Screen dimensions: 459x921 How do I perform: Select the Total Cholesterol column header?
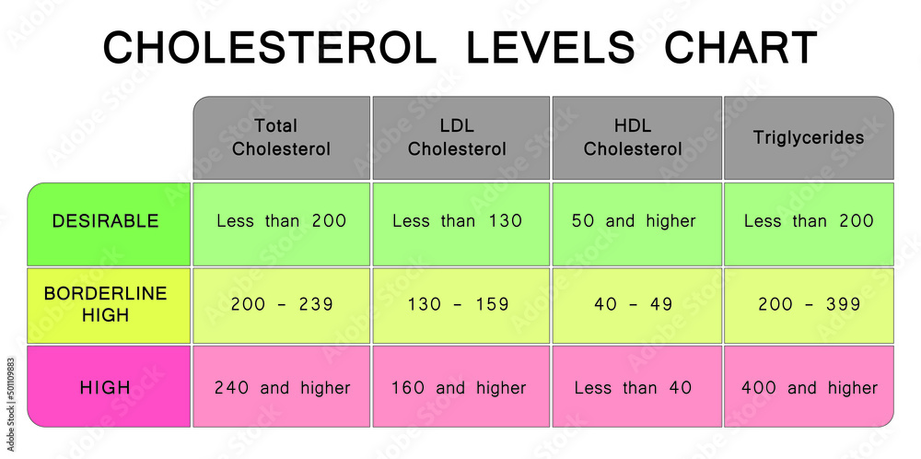click(x=281, y=137)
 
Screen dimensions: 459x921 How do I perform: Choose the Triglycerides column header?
click(x=809, y=137)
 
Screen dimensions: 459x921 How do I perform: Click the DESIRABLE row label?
click(x=106, y=221)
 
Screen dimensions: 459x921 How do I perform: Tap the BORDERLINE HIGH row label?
click(x=106, y=304)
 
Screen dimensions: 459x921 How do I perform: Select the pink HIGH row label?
click(x=106, y=387)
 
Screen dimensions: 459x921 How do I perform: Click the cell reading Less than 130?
click(x=458, y=221)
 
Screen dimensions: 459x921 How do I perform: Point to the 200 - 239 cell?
click(x=282, y=304)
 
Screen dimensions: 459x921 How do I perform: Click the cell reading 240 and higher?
click(x=282, y=388)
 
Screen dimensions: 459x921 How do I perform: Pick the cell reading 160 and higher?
click(x=459, y=388)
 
